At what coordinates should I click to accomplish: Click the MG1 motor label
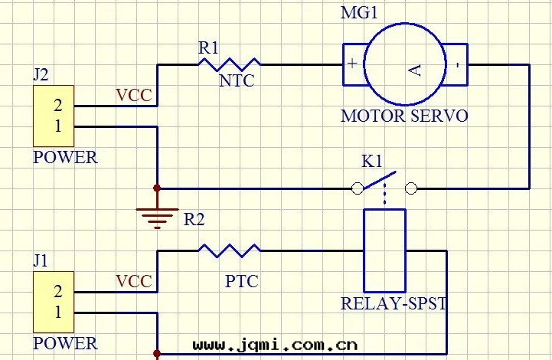(359, 13)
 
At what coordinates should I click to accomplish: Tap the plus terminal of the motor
(352, 64)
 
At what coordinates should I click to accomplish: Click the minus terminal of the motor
(457, 64)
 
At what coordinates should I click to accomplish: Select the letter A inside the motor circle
(414, 70)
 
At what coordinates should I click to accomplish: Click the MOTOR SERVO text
(403, 116)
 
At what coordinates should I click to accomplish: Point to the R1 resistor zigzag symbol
(229, 64)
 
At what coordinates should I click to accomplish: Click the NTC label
(237, 80)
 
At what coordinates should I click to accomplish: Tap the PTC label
(241, 282)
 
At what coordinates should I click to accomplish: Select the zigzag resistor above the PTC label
(229, 250)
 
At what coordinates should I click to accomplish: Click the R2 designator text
(194, 220)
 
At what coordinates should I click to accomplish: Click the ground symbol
(157, 216)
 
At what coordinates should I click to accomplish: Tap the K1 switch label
(372, 162)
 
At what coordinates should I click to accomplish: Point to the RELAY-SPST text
(394, 303)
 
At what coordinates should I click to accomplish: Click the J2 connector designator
(41, 75)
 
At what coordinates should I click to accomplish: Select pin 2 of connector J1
(57, 291)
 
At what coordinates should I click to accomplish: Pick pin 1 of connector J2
(57, 126)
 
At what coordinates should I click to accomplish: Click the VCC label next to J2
(133, 96)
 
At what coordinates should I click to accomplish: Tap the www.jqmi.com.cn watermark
(275, 345)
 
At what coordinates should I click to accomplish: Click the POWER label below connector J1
(65, 343)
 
